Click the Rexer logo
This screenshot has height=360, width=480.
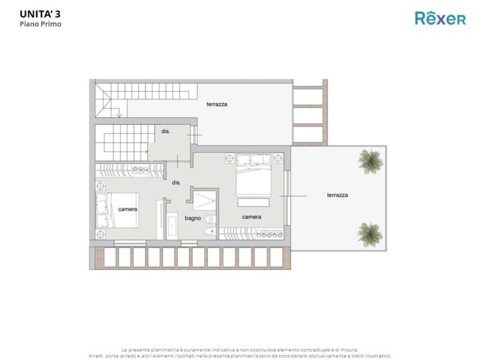pyautogui.click(x=440, y=18)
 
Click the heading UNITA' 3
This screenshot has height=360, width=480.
pyautogui.click(x=40, y=14)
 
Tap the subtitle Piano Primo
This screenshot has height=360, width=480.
pyautogui.click(x=40, y=24)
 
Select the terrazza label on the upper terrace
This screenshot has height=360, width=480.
pyautogui.click(x=217, y=104)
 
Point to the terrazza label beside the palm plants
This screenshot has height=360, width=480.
pyautogui.click(x=337, y=195)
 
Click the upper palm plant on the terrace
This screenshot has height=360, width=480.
pyautogui.click(x=370, y=161)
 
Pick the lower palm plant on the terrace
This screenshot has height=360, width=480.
pyautogui.click(x=370, y=234)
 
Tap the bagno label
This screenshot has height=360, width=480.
pyautogui.click(x=193, y=218)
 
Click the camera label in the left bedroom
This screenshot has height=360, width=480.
pyautogui.click(x=127, y=210)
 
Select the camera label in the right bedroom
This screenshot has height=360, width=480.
pyautogui.click(x=252, y=217)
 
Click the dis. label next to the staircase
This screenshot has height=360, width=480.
pyautogui.click(x=166, y=131)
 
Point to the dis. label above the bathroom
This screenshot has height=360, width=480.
pyautogui.click(x=176, y=182)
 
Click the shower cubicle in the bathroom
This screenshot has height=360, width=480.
pyautogui.click(x=204, y=200)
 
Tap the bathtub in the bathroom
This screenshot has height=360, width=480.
pyautogui.click(x=172, y=226)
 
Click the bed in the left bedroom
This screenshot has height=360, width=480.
pyautogui.click(x=117, y=210)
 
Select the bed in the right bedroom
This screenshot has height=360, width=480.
pyautogui.click(x=254, y=175)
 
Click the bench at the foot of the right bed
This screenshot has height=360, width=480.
pyautogui.click(x=254, y=202)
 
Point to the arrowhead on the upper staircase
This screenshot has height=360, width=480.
pyautogui.click(x=120, y=115)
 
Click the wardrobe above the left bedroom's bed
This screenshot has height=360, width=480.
pyautogui.click(x=129, y=171)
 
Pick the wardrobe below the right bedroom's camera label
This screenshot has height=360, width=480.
pyautogui.click(x=251, y=233)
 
